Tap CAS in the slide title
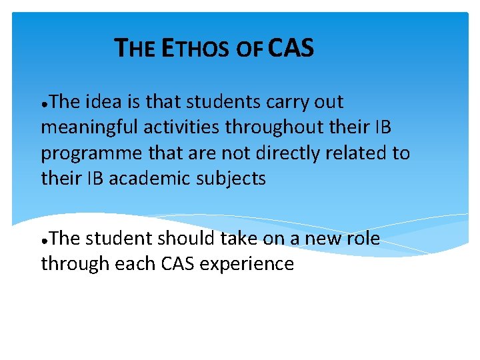(291, 48)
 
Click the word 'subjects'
(233, 179)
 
